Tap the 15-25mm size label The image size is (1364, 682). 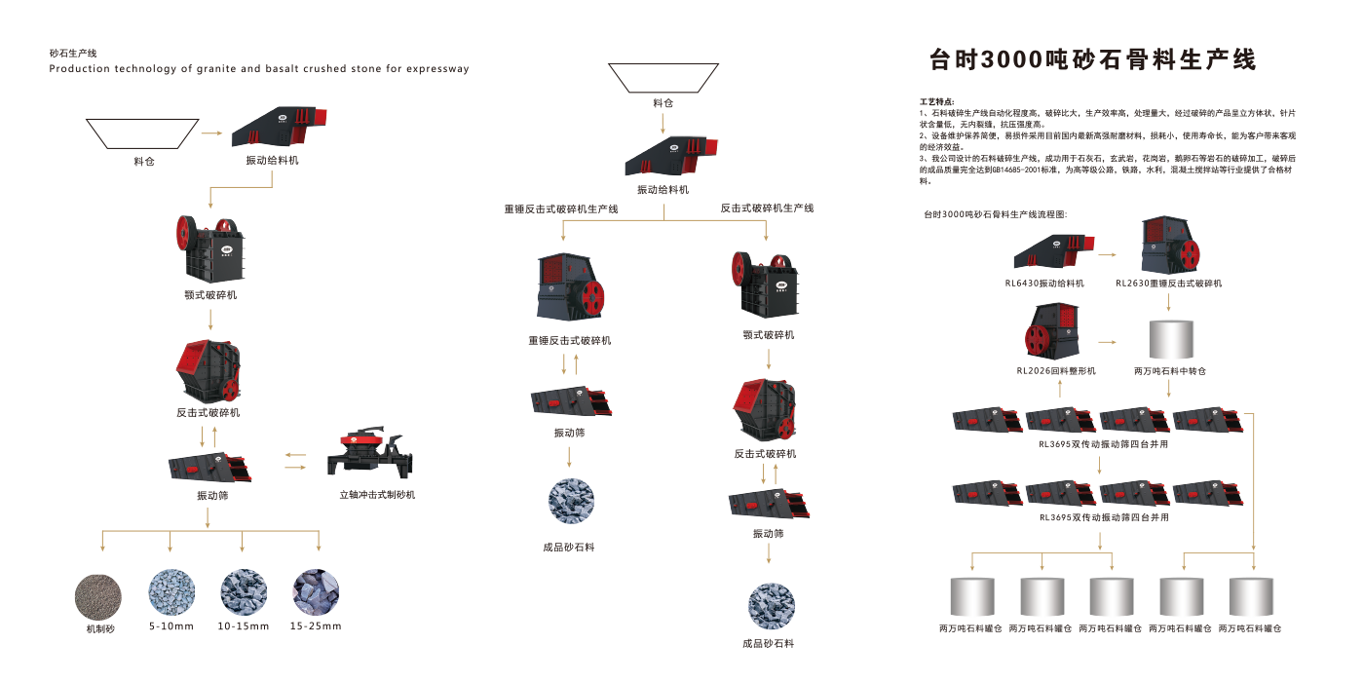(x=316, y=625)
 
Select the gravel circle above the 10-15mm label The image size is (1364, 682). (x=244, y=592)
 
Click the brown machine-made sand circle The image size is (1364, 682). (x=99, y=594)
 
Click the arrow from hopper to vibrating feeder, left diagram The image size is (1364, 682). (x=210, y=132)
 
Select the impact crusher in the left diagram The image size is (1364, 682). (x=208, y=370)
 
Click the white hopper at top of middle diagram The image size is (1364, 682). (x=663, y=78)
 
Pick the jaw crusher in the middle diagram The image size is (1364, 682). (x=769, y=286)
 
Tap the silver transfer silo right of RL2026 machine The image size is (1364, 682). (x=1169, y=340)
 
